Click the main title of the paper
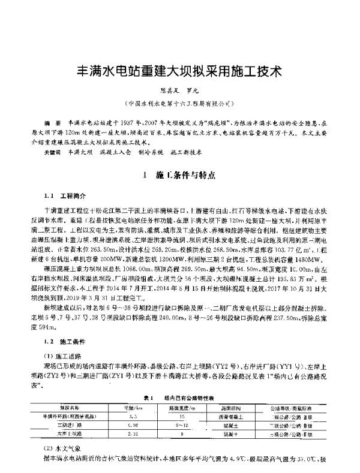pos(177,70)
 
